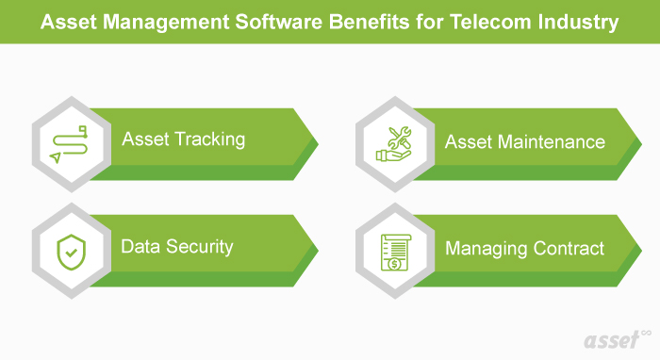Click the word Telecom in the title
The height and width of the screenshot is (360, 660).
[503, 22]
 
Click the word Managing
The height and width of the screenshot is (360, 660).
[483, 249]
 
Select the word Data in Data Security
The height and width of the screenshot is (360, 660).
[139, 247]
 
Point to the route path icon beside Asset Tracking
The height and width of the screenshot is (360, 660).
[71, 142]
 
